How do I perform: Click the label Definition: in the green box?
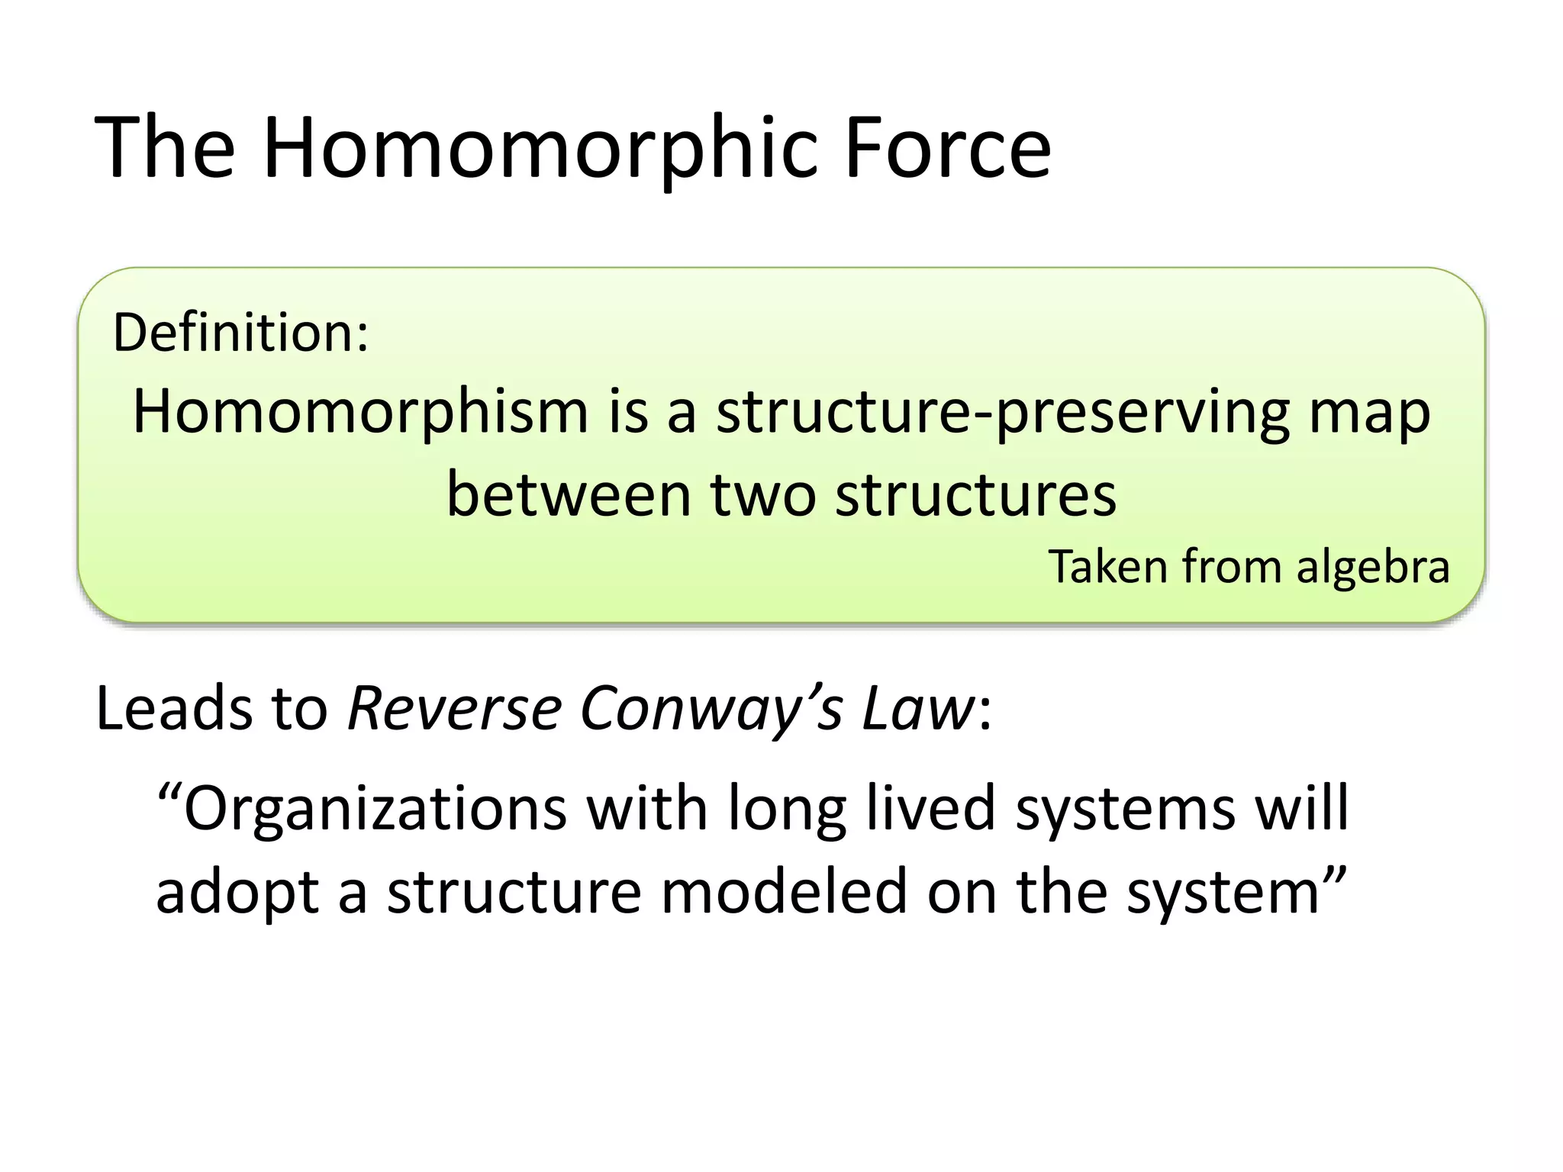click(241, 333)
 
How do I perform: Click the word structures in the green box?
click(975, 494)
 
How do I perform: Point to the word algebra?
click(1373, 567)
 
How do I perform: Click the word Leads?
click(175, 708)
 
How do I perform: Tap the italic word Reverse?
click(456, 708)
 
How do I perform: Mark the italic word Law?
click(919, 708)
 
